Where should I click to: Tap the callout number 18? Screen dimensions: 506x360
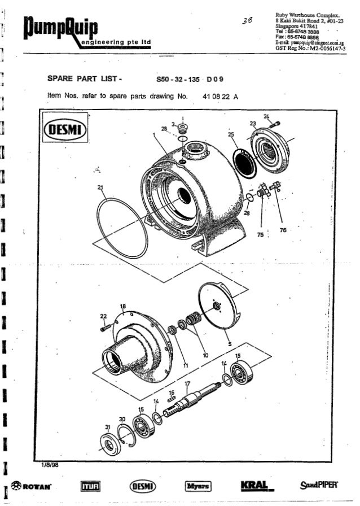click(x=122, y=306)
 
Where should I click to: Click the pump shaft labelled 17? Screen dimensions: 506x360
click(x=192, y=399)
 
